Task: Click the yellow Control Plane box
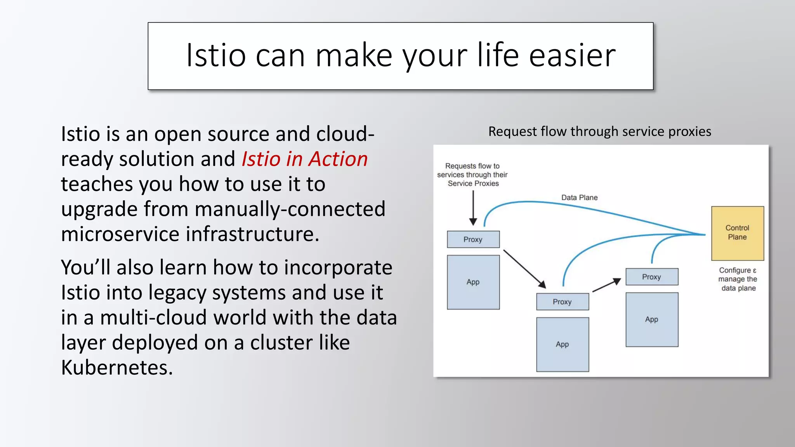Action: pyautogui.click(x=737, y=233)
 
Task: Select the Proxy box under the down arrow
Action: pyautogui.click(x=473, y=239)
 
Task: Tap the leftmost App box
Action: pyautogui.click(x=473, y=282)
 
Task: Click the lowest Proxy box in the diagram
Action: pyautogui.click(x=562, y=301)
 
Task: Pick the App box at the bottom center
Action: pyautogui.click(x=562, y=344)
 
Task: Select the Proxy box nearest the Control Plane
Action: pyautogui.click(x=652, y=277)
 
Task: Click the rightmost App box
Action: pyautogui.click(x=652, y=319)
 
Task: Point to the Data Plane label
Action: pyautogui.click(x=579, y=198)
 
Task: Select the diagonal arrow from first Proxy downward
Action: pyautogui.click(x=524, y=269)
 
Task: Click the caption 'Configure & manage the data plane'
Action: pyautogui.click(x=738, y=279)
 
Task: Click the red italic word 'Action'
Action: pyautogui.click(x=338, y=159)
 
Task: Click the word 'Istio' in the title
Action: pyautogui.click(x=216, y=55)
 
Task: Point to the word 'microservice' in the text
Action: pyautogui.click(x=120, y=234)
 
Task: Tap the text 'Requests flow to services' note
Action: pyautogui.click(x=472, y=175)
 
